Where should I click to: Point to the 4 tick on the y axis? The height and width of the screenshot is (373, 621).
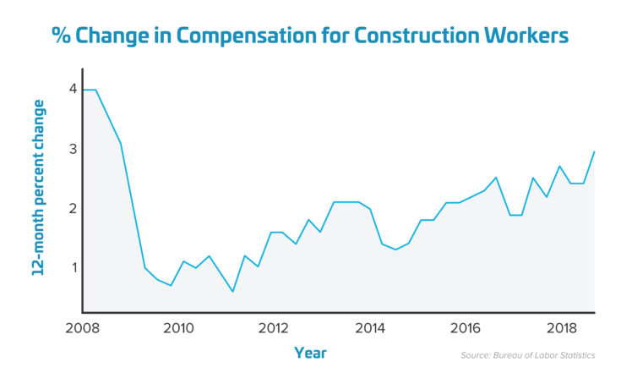(x=73, y=89)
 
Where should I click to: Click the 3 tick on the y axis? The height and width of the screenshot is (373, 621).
(x=73, y=149)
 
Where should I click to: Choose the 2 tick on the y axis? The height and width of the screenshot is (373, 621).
(x=73, y=208)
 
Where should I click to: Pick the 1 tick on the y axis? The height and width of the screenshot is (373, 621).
(x=73, y=267)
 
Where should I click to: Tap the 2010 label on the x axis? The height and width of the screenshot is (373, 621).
(x=176, y=328)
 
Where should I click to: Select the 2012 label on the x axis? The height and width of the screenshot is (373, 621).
(x=270, y=328)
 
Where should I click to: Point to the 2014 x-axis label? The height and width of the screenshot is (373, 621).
(x=365, y=328)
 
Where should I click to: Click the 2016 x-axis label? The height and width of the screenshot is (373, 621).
(x=459, y=328)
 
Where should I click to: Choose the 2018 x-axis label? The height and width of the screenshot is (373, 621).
(x=553, y=328)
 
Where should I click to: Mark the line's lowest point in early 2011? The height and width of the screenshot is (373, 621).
(x=232, y=292)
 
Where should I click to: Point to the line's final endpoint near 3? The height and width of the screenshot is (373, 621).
(x=595, y=151)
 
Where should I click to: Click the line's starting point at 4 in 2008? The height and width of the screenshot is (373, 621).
(x=84, y=90)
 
